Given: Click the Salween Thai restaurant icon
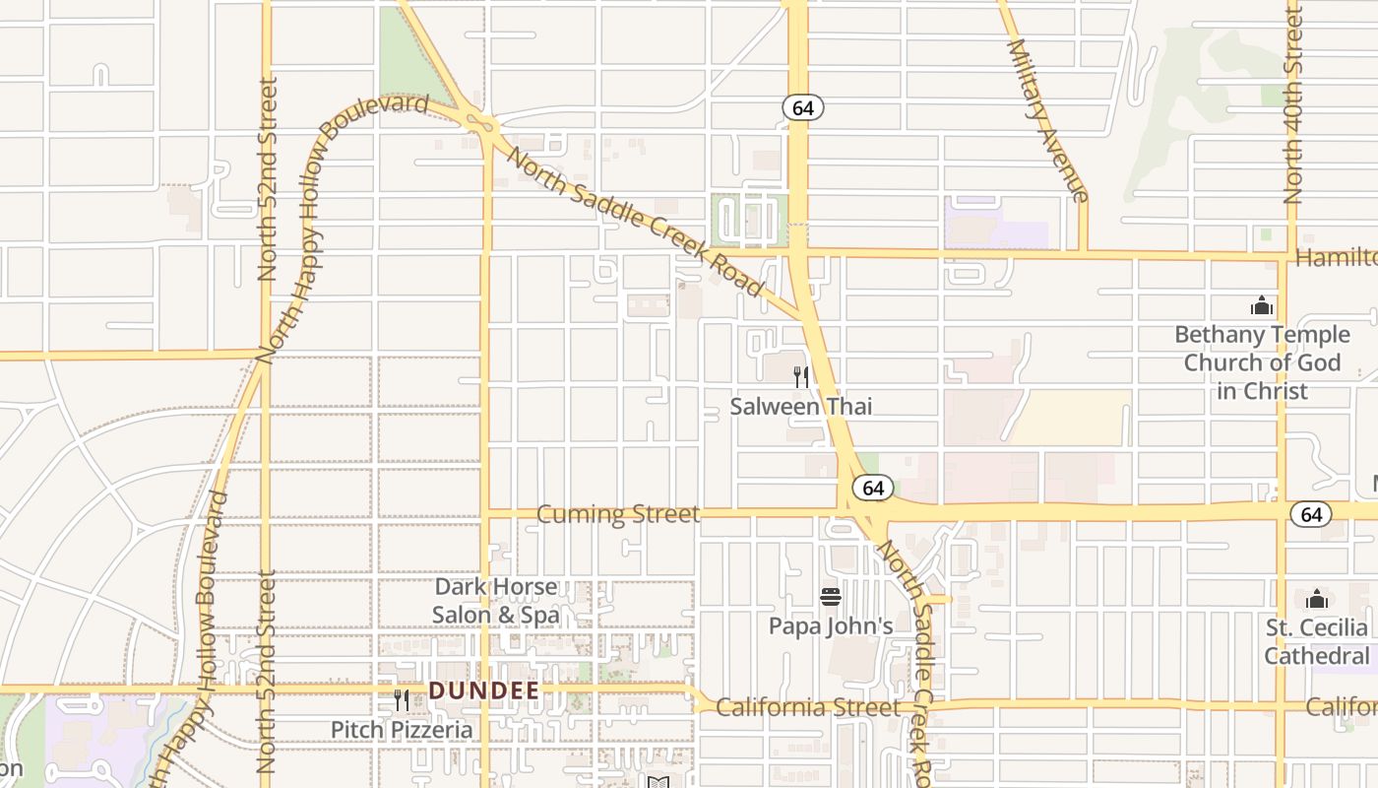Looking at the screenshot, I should (801, 376).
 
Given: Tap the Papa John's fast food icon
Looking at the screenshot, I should (831, 597).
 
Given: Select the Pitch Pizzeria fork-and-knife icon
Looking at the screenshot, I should (402, 700).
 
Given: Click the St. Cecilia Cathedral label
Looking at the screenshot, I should (1317, 641).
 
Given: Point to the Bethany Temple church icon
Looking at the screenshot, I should (1262, 305).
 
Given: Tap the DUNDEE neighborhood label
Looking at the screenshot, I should (484, 691).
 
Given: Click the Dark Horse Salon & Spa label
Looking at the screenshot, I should (496, 601).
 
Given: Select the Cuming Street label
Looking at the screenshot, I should (618, 514).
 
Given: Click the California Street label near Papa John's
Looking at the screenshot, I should (807, 707).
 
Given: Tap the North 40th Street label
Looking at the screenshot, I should (1292, 103).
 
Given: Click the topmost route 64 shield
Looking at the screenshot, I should (803, 108).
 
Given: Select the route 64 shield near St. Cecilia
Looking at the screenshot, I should (1311, 514).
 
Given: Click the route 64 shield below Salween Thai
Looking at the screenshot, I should (872, 488).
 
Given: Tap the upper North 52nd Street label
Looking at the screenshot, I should (267, 179).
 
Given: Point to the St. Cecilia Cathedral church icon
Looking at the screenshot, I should (1317, 599).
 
